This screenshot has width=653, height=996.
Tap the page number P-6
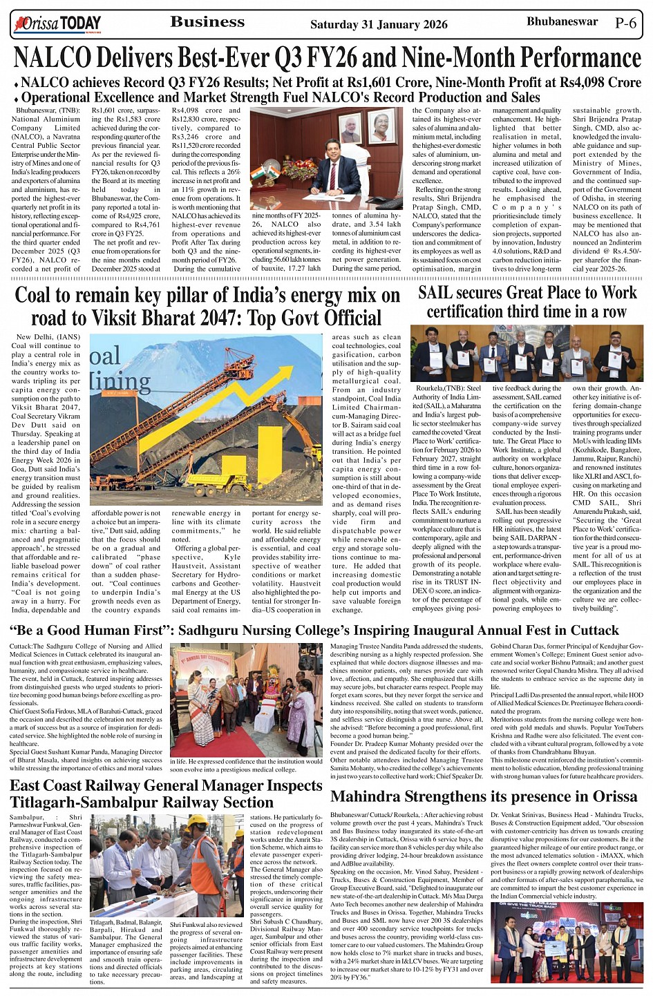click(625, 23)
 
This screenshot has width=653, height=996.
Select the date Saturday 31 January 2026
click(379, 24)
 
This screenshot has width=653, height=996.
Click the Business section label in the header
click(207, 22)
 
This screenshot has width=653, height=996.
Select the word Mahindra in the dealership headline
click(374, 796)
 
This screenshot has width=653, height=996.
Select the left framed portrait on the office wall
click(350, 127)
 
